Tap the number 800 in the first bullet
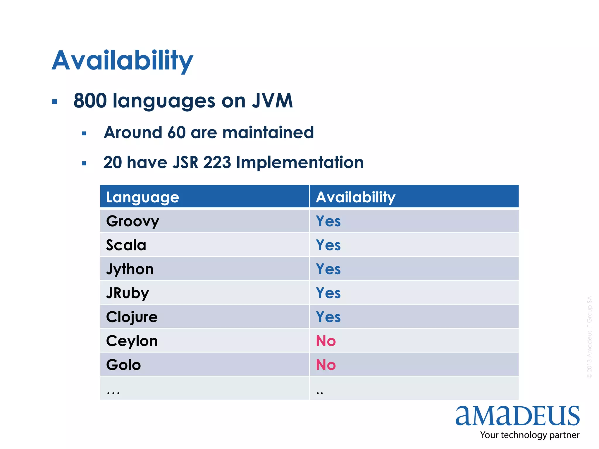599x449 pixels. coord(90,101)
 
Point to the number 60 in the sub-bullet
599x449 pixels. coord(176,132)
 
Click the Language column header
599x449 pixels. coord(142,197)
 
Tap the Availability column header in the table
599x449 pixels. coord(355,197)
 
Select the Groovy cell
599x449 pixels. coord(132,221)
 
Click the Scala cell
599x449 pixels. coord(126,245)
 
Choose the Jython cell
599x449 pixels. coord(130,269)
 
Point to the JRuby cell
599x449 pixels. coord(128,293)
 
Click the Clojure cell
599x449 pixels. coord(132,317)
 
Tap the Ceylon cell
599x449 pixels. coord(132,341)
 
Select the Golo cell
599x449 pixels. coord(123,365)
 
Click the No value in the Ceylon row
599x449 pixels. coord(326,341)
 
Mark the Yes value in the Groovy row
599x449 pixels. coord(328,221)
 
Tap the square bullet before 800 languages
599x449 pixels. coord(55,102)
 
